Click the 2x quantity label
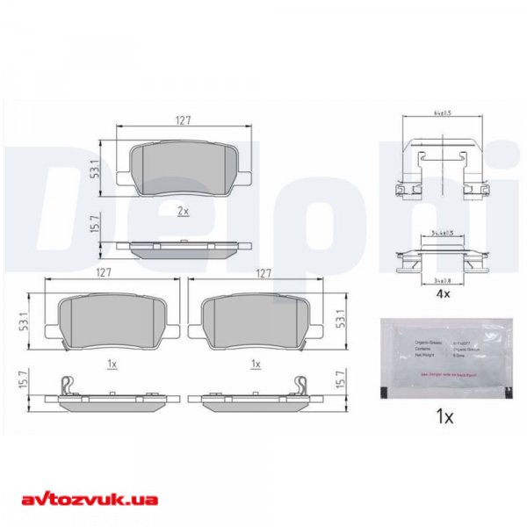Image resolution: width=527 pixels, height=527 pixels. coord(183,211)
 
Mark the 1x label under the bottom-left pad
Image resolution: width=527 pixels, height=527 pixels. coord(111,362)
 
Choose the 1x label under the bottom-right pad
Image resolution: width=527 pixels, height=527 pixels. coord(256,362)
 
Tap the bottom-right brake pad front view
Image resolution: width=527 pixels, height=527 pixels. coord(256,318)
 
